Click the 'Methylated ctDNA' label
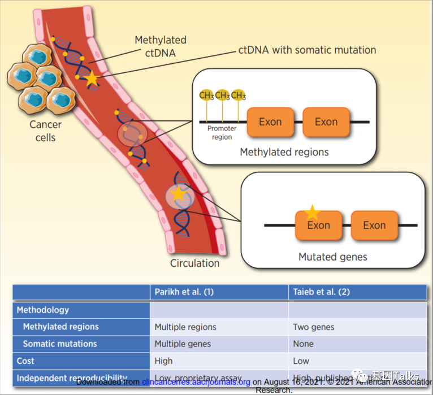(x=161, y=47)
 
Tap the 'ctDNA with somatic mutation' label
(x=307, y=50)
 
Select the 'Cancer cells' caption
(x=45, y=131)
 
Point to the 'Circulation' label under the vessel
(x=194, y=263)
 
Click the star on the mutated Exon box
(x=311, y=212)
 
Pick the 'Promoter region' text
(x=222, y=133)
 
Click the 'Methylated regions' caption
(x=284, y=152)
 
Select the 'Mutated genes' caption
(x=332, y=257)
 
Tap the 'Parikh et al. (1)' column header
(x=184, y=292)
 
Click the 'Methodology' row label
(x=43, y=310)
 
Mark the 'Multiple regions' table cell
(x=185, y=327)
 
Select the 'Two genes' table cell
(x=313, y=327)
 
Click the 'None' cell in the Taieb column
(x=303, y=344)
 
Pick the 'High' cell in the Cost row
(x=163, y=361)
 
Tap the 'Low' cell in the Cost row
(x=301, y=361)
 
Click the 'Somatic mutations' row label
(x=59, y=344)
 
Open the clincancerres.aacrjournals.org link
(x=196, y=382)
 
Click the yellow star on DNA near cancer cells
(x=92, y=80)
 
